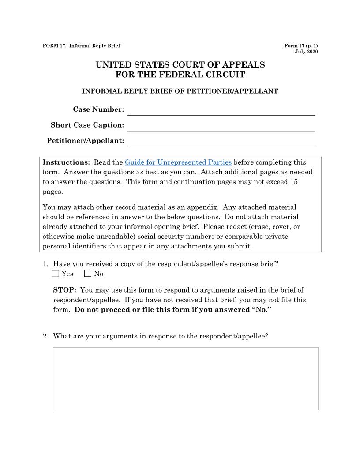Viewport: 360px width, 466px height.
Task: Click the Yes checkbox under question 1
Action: (55, 274)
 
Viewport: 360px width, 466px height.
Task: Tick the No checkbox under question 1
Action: (88, 274)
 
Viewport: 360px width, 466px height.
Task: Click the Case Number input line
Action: (221, 110)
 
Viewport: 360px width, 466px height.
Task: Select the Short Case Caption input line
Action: (221, 126)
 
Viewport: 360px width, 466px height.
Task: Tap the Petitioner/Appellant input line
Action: (221, 142)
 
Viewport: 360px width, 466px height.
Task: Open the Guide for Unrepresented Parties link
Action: (178, 162)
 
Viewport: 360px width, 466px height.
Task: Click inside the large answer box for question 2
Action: (185, 379)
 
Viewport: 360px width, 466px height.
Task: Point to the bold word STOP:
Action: (65, 290)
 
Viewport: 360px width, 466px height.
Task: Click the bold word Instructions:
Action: (66, 162)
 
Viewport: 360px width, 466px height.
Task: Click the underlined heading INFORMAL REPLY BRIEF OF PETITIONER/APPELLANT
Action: (180, 91)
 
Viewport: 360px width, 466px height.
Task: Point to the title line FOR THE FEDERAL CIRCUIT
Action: (180, 75)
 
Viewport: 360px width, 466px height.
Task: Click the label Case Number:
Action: (98, 109)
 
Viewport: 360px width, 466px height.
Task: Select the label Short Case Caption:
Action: (87, 125)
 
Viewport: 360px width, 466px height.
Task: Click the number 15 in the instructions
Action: (294, 182)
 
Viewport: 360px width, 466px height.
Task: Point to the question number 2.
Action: (45, 336)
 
